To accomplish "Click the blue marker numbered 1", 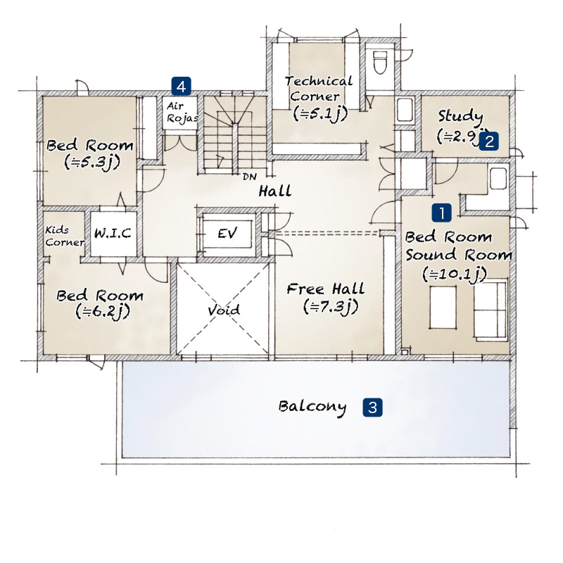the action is pos(442,213).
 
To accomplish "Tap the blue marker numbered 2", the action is pos(488,141).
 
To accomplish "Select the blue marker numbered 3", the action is pos(372,407).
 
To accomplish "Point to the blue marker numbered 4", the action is pos(181,87).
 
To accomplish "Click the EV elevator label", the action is pos(227,234).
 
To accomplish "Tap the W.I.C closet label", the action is pos(113,234).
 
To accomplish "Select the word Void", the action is pos(224,310).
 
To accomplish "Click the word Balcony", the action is pos(312,407).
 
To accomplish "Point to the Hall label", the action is pos(275,191).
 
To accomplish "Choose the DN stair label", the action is pos(249,177).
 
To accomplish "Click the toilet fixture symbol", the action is pos(380,63).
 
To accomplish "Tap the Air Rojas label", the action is pos(182,112).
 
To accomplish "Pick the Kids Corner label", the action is pos(64,236).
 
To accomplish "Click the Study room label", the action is pos(460,117).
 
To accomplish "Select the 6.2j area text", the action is pos(103,312).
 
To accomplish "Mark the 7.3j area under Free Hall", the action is pos(331,307).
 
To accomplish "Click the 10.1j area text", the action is pos(455,274).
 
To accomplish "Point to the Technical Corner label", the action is pos(319,89).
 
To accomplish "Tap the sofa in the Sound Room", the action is pos(491,309).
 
